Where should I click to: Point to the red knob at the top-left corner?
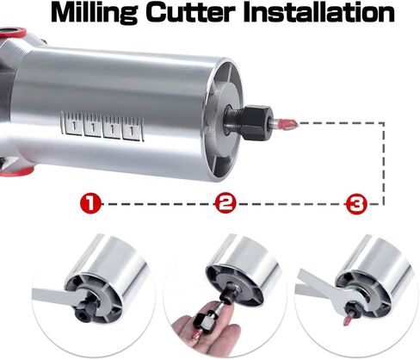pyautogui.click(x=10, y=9)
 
